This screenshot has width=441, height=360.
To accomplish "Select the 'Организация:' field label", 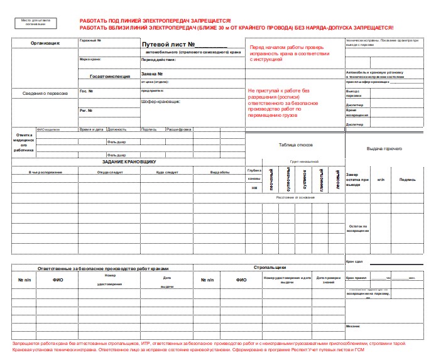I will tap(45, 43).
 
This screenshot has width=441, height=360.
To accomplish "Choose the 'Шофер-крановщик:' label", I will tap(160, 101).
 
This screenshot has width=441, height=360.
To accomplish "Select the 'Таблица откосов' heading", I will tap(295, 145).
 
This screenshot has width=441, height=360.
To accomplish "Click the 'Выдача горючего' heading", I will tap(384, 148).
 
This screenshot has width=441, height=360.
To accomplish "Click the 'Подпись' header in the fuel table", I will tap(407, 179).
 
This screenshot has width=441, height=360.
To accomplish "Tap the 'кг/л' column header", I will tap(381, 179).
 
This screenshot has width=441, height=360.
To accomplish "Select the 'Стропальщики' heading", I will tap(270, 268).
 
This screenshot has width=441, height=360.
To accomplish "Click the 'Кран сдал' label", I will tap(354, 261).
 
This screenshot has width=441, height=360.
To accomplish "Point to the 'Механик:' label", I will tap(353, 326).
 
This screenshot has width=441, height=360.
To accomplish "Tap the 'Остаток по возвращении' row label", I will tap(358, 228).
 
